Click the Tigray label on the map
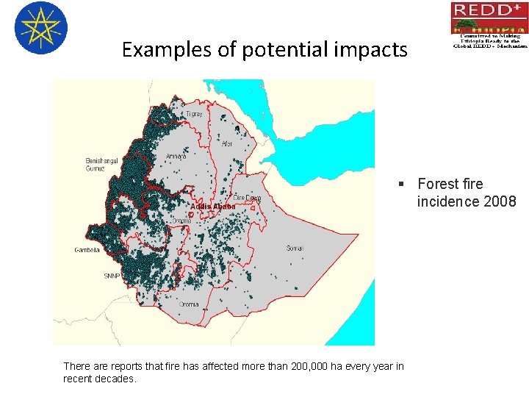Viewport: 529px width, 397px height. pyautogui.click(x=194, y=115)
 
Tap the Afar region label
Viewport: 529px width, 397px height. pyautogui.click(x=227, y=143)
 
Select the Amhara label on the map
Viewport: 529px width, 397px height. pyautogui.click(x=176, y=157)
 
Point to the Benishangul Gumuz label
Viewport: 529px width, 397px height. pyautogui.click(x=100, y=165)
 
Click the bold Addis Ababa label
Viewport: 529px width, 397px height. pyautogui.click(x=212, y=207)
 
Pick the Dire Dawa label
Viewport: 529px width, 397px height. pyautogui.click(x=247, y=198)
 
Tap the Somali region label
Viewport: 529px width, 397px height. pyautogui.click(x=294, y=248)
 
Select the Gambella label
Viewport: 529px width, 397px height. pyautogui.click(x=87, y=250)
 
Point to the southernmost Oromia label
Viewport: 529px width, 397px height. pyautogui.click(x=189, y=304)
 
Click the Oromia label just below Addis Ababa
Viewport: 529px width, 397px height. pyautogui.click(x=181, y=221)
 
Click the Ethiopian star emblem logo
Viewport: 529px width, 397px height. pyautogui.click(x=40, y=28)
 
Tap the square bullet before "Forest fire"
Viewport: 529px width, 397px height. pyautogui.click(x=402, y=184)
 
